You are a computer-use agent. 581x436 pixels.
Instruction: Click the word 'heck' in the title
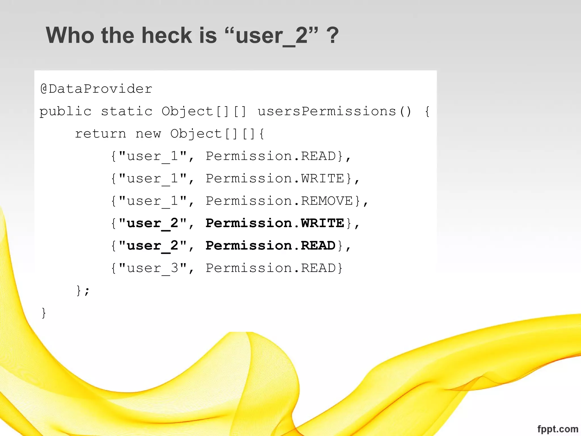click(x=167, y=35)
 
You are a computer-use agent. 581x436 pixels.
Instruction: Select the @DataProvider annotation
click(x=96, y=89)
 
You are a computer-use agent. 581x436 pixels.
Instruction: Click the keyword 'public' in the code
click(x=66, y=111)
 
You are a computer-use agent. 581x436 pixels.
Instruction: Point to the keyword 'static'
click(x=127, y=111)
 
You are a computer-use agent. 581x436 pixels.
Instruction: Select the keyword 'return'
click(x=100, y=134)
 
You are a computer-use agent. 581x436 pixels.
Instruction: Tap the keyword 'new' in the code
click(x=148, y=134)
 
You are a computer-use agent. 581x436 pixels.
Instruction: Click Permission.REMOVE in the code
click(x=279, y=201)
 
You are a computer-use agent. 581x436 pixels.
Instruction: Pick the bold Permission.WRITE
click(x=275, y=223)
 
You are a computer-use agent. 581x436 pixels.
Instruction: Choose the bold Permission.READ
click(x=271, y=246)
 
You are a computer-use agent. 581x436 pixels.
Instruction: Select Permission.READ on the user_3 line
click(x=271, y=268)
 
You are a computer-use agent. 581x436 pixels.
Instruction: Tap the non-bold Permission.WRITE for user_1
click(x=275, y=179)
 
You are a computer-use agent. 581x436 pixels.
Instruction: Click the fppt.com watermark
click(x=557, y=429)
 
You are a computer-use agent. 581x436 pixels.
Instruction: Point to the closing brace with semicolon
click(x=83, y=290)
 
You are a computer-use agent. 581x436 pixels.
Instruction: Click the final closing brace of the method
click(x=44, y=313)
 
